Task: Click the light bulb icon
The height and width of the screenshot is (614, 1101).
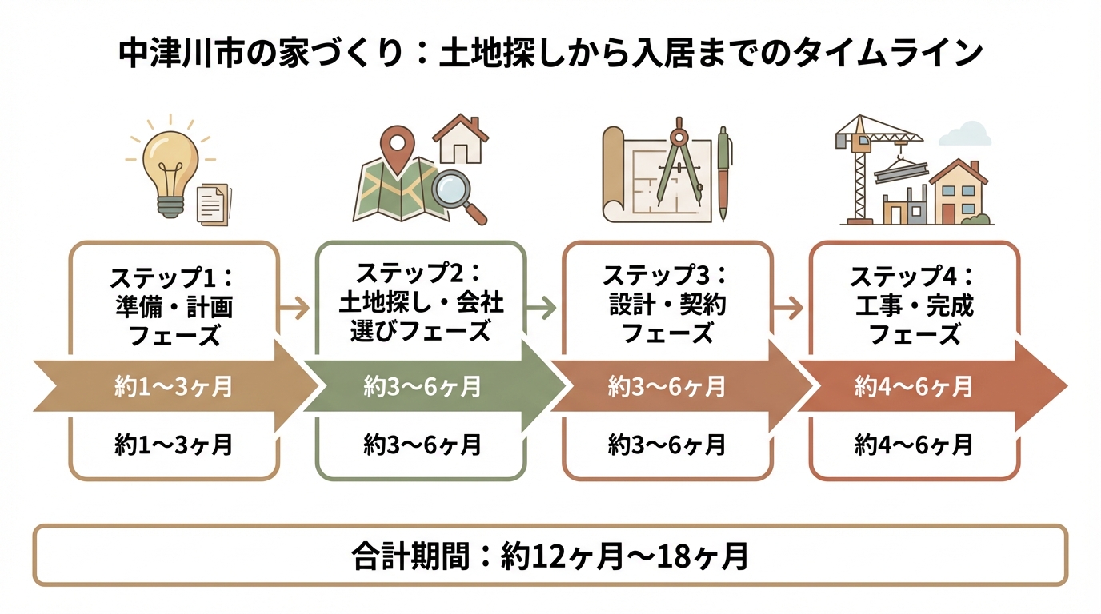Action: coord(170,164)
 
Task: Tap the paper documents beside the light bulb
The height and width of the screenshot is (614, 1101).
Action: coord(212,203)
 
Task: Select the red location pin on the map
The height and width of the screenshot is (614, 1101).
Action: coord(395,147)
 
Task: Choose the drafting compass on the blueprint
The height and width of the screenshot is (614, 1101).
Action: coord(675,164)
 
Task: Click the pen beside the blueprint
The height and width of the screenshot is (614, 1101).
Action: coord(724,172)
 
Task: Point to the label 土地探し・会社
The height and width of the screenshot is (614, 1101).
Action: coord(421,304)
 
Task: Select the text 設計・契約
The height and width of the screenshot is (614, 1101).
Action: coord(667,305)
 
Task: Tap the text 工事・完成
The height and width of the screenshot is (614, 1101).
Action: coord(915,305)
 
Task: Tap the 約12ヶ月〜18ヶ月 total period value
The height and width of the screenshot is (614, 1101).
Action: coord(625,556)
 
